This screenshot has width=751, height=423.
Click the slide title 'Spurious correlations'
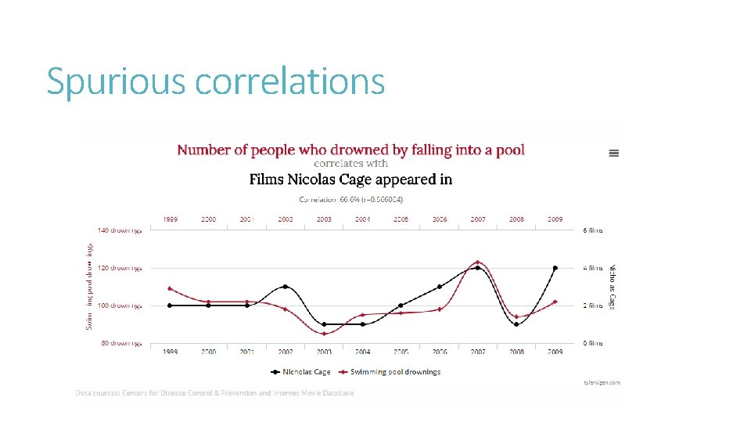pyautogui.click(x=215, y=81)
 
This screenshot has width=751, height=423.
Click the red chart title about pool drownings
pyautogui.click(x=350, y=150)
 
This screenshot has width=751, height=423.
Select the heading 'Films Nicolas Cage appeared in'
pyautogui.click(x=350, y=179)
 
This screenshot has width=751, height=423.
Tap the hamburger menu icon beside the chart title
pyautogui.click(x=614, y=153)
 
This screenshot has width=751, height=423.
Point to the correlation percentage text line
pyautogui.click(x=351, y=200)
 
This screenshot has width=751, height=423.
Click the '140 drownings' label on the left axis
pyautogui.click(x=120, y=230)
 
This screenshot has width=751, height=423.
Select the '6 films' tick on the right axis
pyautogui.click(x=593, y=230)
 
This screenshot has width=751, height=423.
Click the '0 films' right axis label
pyautogui.click(x=593, y=343)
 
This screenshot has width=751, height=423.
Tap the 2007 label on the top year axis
pyautogui.click(x=478, y=219)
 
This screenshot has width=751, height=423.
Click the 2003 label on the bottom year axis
pyautogui.click(x=324, y=352)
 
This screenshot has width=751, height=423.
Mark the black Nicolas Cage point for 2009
pyautogui.click(x=555, y=268)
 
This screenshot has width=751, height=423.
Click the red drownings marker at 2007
pyautogui.click(x=478, y=262)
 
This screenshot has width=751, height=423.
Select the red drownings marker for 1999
pyautogui.click(x=170, y=288)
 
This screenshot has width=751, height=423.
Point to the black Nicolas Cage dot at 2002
pyautogui.click(x=286, y=287)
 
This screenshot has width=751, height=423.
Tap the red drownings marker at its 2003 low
pyautogui.click(x=324, y=334)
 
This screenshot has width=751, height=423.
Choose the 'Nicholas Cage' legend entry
pyautogui.click(x=300, y=372)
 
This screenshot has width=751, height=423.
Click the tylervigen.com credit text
pyautogui.click(x=602, y=382)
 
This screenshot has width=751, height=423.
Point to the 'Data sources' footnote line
pyautogui.click(x=214, y=393)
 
